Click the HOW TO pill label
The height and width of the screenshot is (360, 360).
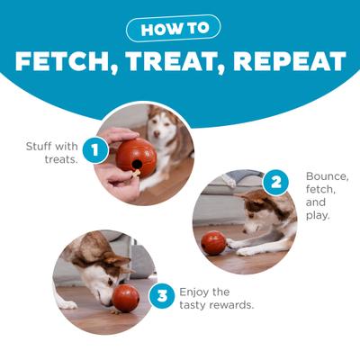point(180,27)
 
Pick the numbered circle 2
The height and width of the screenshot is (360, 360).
point(276,184)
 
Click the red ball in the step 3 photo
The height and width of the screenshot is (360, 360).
point(125,298)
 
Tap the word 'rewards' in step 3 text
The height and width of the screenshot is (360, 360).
point(237,305)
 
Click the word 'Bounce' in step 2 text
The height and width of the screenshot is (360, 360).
point(326,176)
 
